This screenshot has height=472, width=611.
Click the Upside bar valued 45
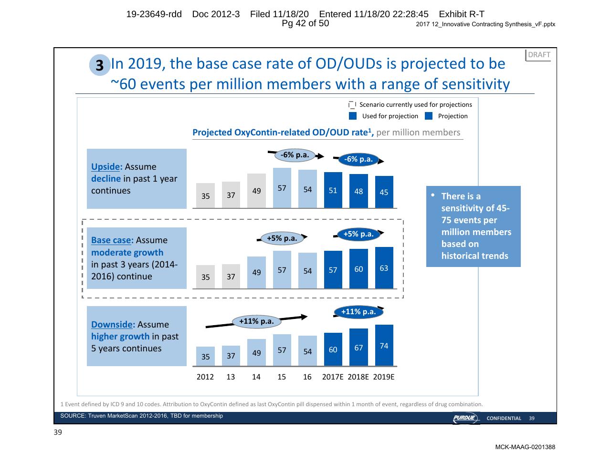click(x=384, y=192)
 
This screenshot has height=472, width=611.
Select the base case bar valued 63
click(x=384, y=267)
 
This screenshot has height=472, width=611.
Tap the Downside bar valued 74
click(x=384, y=345)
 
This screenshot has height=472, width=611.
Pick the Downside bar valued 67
click(x=358, y=347)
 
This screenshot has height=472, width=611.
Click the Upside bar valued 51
click(x=333, y=190)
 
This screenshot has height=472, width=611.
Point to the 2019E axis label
click(x=383, y=377)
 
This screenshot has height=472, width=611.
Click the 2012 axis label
click(x=205, y=377)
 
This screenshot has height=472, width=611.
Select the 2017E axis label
click(x=333, y=377)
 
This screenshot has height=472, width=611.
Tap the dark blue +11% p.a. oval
click(x=358, y=312)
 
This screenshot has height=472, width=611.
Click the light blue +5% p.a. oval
click(x=282, y=238)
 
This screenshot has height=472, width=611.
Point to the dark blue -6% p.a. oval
click(x=358, y=159)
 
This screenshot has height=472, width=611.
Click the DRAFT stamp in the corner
click(x=538, y=55)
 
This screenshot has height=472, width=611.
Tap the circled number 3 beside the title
click(x=100, y=65)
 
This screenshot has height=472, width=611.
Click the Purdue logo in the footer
click(x=465, y=418)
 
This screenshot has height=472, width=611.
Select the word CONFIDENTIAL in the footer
click(x=504, y=418)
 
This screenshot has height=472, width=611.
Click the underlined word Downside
click(x=112, y=325)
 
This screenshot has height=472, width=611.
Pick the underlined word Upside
click(x=105, y=167)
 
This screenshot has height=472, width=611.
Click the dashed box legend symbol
click(x=352, y=105)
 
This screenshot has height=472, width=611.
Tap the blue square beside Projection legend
click(x=429, y=116)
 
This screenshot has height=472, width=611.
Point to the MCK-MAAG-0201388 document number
click(x=525, y=447)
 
